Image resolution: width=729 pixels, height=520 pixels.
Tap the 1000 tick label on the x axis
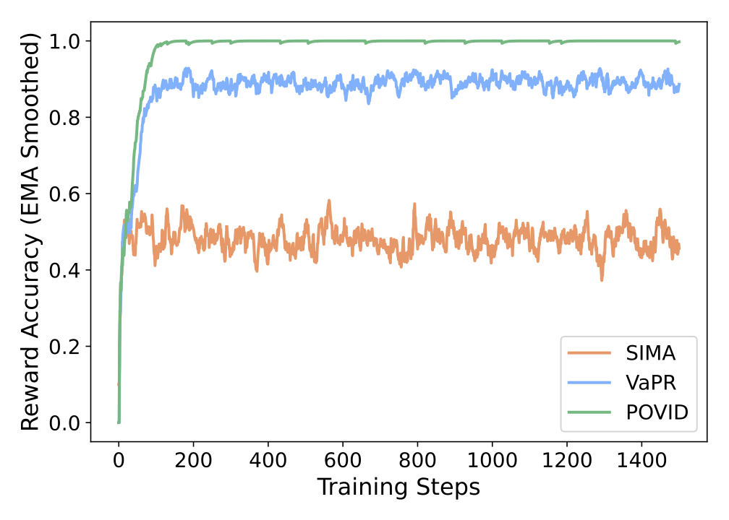coord(492,459)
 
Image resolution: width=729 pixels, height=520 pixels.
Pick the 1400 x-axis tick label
coord(641,459)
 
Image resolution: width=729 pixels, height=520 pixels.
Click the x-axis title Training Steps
coord(398,487)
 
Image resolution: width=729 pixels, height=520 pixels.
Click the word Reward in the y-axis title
coord(30,394)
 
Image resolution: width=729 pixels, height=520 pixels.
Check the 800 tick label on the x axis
coord(417,459)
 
